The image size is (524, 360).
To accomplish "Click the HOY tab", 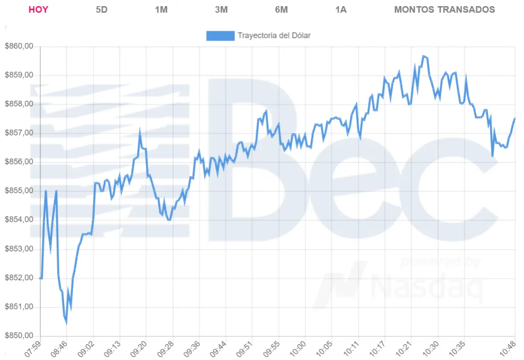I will coord(38,10).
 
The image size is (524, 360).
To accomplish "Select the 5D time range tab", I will coord(102,10).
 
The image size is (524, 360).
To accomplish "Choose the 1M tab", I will coord(161,10).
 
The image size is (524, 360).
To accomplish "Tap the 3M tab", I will coord(221,10).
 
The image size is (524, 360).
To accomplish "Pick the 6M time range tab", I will coord(281,10).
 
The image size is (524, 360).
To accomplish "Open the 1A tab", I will coord(341,10).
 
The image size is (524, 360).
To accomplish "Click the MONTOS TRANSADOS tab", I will coord(444,10).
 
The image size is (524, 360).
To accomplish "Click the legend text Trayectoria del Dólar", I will coord(274,36).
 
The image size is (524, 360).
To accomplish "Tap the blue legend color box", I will coord(220,36).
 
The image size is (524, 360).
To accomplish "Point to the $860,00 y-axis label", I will coord(19,47).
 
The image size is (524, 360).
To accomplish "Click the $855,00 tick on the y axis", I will coord(19,191).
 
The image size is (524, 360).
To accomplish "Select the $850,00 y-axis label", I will coord(19,336).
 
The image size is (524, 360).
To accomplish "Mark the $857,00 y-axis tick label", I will coord(19,133).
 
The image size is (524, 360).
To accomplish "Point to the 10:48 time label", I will coord(508,349).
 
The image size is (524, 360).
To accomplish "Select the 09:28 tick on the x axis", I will coord(164,349).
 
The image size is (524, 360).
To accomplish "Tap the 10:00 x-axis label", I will coord(297,349).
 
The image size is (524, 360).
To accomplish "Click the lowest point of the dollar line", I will coord(66,322).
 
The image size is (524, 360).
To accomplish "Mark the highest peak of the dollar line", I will coord(424,56).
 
